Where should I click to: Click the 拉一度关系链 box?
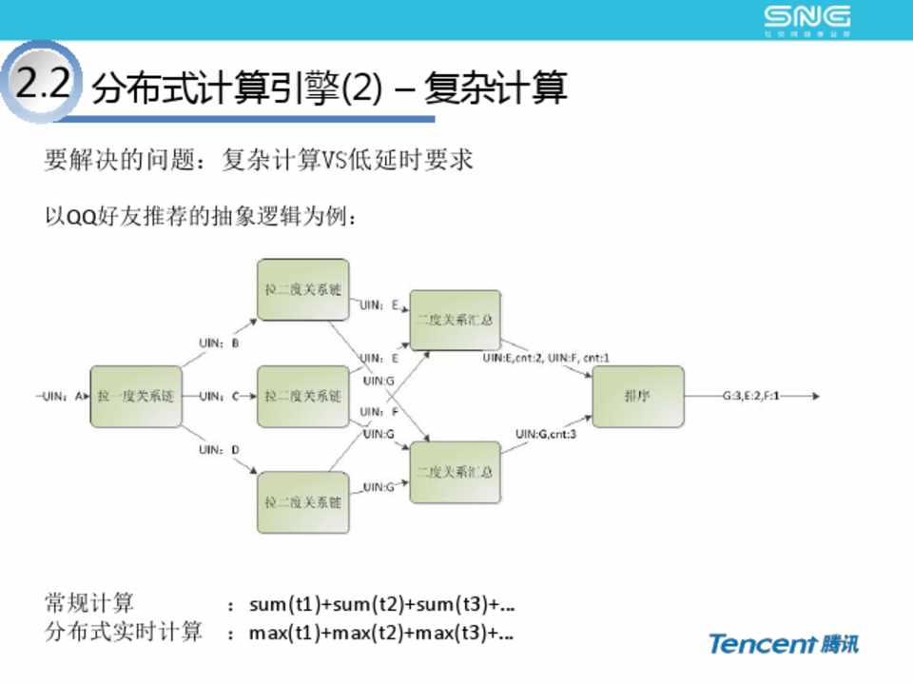[x=135, y=396]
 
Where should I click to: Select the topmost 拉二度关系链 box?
[x=302, y=289]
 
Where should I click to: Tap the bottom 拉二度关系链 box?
[x=302, y=500]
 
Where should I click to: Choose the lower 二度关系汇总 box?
[x=455, y=471]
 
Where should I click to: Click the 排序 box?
[x=637, y=397]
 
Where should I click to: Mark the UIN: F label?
[x=379, y=412]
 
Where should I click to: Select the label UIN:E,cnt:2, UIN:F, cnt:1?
[x=545, y=358]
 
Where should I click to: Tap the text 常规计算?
[x=89, y=603]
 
